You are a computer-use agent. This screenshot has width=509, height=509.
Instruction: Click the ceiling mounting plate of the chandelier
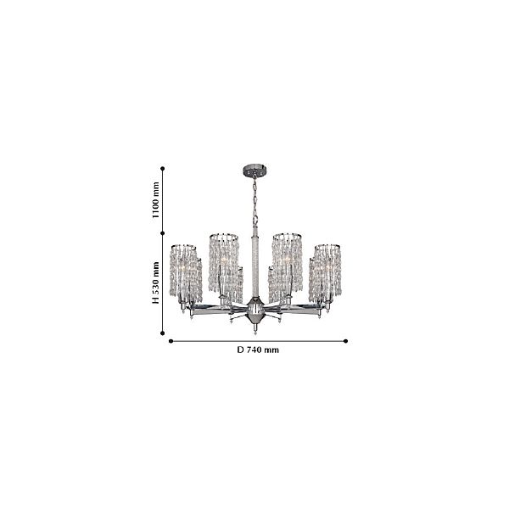(x=255, y=171)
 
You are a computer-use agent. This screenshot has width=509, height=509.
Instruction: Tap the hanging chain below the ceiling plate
(x=255, y=201)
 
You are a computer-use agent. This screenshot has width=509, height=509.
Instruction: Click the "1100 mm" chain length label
(x=156, y=200)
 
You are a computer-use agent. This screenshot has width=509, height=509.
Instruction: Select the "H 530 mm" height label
(x=156, y=282)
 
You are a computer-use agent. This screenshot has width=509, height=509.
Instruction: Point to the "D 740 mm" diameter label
(x=258, y=350)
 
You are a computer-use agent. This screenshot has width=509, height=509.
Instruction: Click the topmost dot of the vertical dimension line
(x=163, y=169)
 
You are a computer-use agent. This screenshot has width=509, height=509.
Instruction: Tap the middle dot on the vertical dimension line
(x=163, y=233)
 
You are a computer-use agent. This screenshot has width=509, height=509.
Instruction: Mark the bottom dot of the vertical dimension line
(x=163, y=333)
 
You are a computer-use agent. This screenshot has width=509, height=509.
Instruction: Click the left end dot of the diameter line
(x=171, y=341)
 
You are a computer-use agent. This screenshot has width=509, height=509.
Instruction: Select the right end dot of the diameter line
(x=346, y=341)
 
